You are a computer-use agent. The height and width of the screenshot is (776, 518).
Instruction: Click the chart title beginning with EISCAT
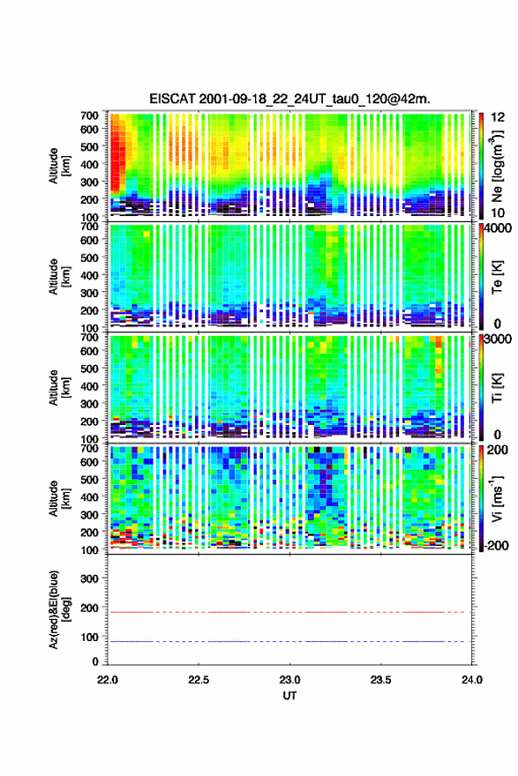(289, 99)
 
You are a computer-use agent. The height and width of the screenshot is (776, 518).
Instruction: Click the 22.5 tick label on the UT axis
(198, 680)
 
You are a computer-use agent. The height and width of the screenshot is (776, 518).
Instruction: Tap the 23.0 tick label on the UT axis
(289, 680)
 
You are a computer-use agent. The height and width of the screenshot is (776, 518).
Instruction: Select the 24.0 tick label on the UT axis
(471, 680)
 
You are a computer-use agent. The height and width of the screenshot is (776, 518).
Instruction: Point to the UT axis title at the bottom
(289, 696)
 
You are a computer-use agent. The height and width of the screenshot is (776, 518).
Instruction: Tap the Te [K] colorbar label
(497, 277)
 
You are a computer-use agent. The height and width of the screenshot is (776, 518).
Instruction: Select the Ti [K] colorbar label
(497, 388)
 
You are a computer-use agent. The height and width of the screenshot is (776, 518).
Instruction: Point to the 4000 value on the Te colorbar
(499, 229)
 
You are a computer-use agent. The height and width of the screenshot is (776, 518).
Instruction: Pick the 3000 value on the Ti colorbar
(499, 339)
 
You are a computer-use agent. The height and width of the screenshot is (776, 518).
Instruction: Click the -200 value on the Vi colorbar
(497, 545)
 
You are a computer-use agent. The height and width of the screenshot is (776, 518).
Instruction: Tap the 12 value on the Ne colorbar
(499, 117)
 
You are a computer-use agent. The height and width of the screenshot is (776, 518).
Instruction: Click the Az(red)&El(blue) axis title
(59, 609)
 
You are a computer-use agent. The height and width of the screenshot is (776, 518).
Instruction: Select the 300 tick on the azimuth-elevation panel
(89, 578)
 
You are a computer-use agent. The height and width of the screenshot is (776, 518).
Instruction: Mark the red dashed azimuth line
(289, 612)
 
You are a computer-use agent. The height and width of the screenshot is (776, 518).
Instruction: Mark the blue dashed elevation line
(289, 641)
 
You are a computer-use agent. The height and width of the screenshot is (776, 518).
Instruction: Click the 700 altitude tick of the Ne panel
(89, 116)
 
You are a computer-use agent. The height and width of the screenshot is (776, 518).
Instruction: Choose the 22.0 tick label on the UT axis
(108, 680)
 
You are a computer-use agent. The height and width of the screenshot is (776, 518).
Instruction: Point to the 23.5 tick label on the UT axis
(380, 680)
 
